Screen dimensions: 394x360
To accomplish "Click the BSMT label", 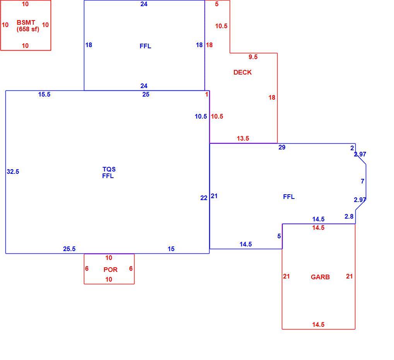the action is point(26,22).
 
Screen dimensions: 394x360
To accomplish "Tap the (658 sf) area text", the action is point(28,29).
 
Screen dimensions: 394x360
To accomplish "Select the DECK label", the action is point(242,72).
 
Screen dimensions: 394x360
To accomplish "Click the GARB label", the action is point(320,277).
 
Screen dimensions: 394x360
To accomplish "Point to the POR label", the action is point(111,270).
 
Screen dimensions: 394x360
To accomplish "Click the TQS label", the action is point(109,169).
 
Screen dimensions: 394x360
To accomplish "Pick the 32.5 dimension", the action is point(13,172).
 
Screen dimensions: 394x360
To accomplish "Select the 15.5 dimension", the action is point(44,94).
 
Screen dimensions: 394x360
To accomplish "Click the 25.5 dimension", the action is point(69,249).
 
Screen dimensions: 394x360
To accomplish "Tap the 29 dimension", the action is point(282,148).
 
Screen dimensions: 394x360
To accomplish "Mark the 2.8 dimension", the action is point(349,216).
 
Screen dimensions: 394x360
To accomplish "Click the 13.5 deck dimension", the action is point(243,138).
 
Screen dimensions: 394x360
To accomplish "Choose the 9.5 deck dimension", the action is point(253,57).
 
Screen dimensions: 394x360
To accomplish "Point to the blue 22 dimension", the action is point(204,198).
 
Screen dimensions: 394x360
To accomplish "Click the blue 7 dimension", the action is point(362,181).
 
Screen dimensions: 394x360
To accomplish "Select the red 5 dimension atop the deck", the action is point(217,4).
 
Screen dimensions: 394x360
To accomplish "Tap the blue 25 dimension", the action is point(146,94).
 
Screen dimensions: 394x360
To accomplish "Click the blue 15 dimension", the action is point(171,249).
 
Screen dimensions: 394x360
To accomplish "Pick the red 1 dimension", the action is point(206,94).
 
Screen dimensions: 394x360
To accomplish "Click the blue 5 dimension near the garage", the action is point(279,236).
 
